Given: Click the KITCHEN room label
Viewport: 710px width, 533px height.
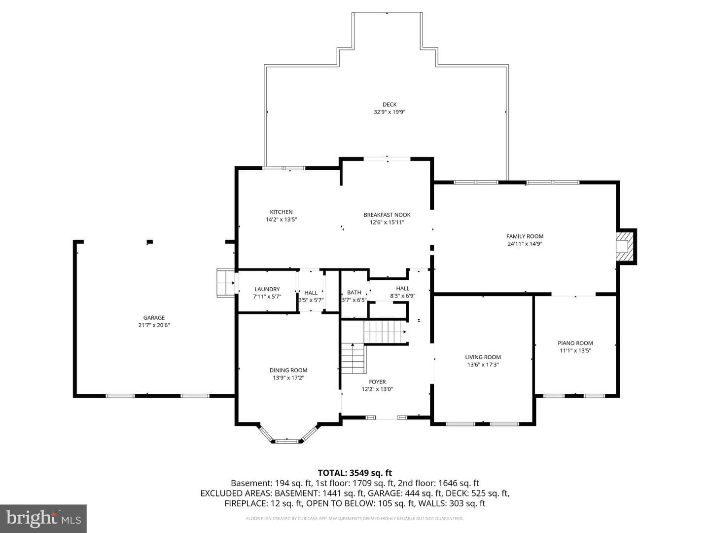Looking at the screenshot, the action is tap(281, 212).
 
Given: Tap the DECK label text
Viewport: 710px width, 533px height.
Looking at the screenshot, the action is tap(390, 105).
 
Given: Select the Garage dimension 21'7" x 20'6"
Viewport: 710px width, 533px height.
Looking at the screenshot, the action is tap(154, 325).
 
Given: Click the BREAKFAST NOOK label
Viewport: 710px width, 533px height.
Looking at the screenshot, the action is tap(387, 215).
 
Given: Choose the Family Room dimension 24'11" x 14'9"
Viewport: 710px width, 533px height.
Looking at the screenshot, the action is tap(525, 244).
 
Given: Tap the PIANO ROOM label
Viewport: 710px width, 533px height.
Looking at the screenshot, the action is tap(575, 343).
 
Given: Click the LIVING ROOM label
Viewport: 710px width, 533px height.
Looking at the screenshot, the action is tap(483, 357).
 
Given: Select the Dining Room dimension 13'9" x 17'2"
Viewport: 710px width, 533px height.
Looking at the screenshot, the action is tap(288, 378).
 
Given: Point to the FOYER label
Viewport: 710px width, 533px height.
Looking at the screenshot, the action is tap(377, 382).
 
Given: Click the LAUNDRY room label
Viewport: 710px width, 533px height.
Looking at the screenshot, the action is tap(267, 289).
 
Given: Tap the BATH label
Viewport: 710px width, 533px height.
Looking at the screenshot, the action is tap(354, 293).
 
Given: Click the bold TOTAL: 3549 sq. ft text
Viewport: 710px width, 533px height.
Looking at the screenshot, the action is tap(355, 473).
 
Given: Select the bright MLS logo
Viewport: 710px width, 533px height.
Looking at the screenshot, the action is tap(43, 518).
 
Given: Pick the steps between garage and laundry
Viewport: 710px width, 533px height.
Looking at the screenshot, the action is tap(225, 283).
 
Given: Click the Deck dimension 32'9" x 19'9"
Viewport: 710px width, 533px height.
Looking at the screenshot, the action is tap(390, 113).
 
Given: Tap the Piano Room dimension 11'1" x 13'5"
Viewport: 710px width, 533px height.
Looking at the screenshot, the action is tap(575, 350).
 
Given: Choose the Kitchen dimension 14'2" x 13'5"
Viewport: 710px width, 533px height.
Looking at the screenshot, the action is tap(281, 220).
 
